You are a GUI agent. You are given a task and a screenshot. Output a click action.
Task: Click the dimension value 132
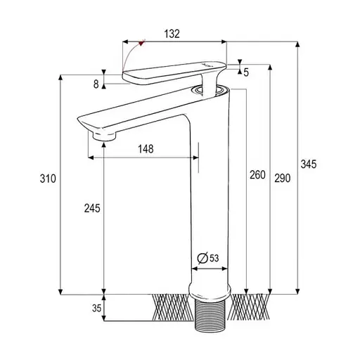coord(172,34)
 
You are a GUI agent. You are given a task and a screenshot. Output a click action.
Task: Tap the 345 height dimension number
coord(309,164)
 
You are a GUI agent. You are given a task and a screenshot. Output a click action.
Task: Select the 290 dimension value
coord(283,178)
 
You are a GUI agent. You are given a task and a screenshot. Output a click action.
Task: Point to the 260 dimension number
coord(257,174)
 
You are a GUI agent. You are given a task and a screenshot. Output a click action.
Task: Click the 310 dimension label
coord(48,179)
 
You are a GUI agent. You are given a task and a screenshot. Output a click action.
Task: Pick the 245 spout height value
coord(92,208)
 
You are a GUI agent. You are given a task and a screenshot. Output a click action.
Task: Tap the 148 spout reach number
coord(146,149)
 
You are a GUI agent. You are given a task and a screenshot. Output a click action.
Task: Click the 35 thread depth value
coord(96,308)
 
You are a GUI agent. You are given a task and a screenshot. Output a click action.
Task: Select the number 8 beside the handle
coord(96,84)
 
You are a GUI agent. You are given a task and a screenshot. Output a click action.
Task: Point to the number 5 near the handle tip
coord(246,72)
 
